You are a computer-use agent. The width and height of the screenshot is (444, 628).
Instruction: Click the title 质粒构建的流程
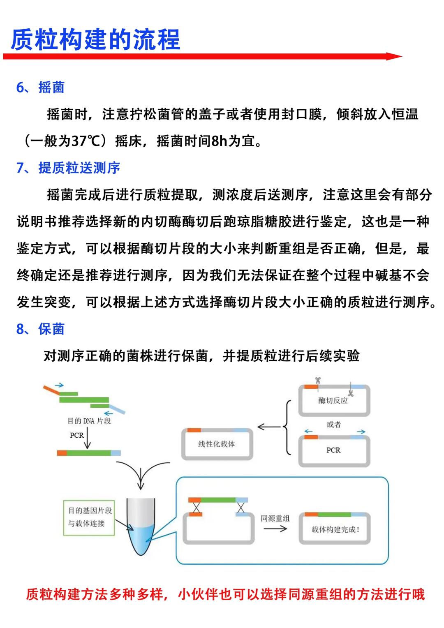pyautogui.click(x=95, y=39)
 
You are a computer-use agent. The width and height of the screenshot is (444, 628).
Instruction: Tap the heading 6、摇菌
pyautogui.click(x=40, y=87)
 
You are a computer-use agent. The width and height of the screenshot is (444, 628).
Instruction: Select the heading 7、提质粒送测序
pyautogui.click(x=68, y=168)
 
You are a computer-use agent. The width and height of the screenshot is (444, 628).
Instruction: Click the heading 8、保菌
pyautogui.click(x=40, y=329)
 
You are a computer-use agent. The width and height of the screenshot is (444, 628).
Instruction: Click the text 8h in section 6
pyautogui.click(x=219, y=141)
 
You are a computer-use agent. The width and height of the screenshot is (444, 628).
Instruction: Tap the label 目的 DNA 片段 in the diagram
pyautogui.click(x=89, y=421)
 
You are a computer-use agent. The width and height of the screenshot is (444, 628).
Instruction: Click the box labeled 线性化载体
pyautogui.click(x=217, y=444)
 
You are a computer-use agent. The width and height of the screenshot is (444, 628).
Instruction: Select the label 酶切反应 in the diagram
pyautogui.click(x=333, y=400)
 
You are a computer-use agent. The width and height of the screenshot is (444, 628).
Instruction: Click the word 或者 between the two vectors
pyautogui.click(x=333, y=425)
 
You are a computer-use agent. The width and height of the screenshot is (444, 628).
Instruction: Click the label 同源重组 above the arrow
pyautogui.click(x=275, y=518)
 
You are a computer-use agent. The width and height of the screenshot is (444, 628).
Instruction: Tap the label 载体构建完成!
pyautogui.click(x=335, y=529)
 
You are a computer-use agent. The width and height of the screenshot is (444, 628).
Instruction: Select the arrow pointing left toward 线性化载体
pyautogui.click(x=269, y=427)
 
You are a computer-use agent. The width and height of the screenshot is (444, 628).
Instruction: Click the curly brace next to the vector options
pyautogui.click(x=287, y=427)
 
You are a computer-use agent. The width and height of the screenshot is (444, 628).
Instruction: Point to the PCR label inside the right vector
pyautogui.click(x=333, y=450)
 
